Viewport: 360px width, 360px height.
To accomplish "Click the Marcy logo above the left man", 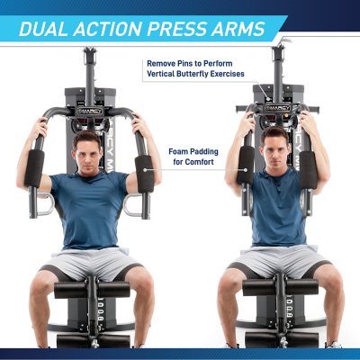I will [x=90, y=111].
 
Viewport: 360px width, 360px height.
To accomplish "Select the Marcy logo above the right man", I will [x=276, y=106].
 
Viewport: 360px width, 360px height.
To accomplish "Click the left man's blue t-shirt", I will [x=90, y=207].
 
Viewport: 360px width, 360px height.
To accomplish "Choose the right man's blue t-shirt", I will [x=277, y=207].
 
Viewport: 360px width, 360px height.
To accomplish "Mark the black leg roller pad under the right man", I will [x=277, y=289].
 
